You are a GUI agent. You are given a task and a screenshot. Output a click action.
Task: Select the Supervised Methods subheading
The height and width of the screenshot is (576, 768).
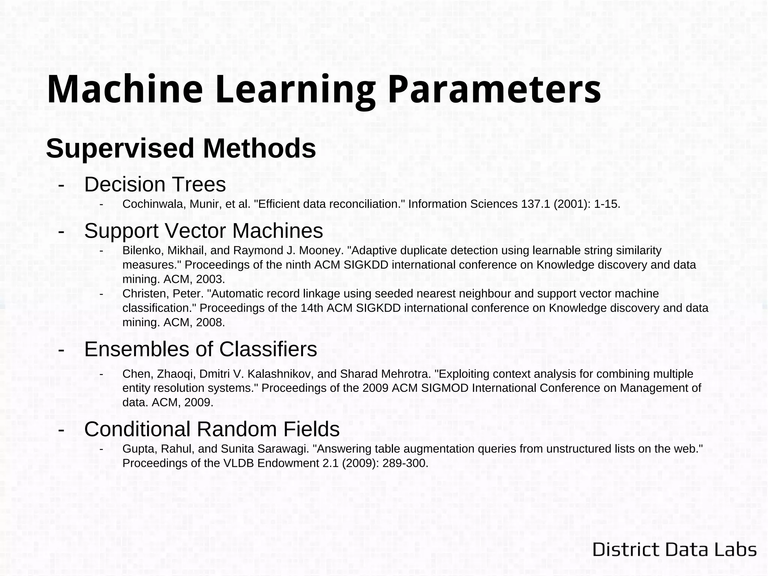(181, 148)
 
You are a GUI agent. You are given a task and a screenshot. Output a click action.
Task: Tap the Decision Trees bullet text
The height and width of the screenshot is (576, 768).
(155, 184)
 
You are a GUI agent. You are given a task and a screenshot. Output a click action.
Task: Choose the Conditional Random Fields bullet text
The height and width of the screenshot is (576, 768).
(212, 429)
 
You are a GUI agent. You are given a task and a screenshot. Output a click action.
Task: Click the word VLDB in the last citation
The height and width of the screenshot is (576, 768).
(238, 463)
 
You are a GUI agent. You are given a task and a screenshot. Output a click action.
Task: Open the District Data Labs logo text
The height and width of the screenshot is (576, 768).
(674, 550)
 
